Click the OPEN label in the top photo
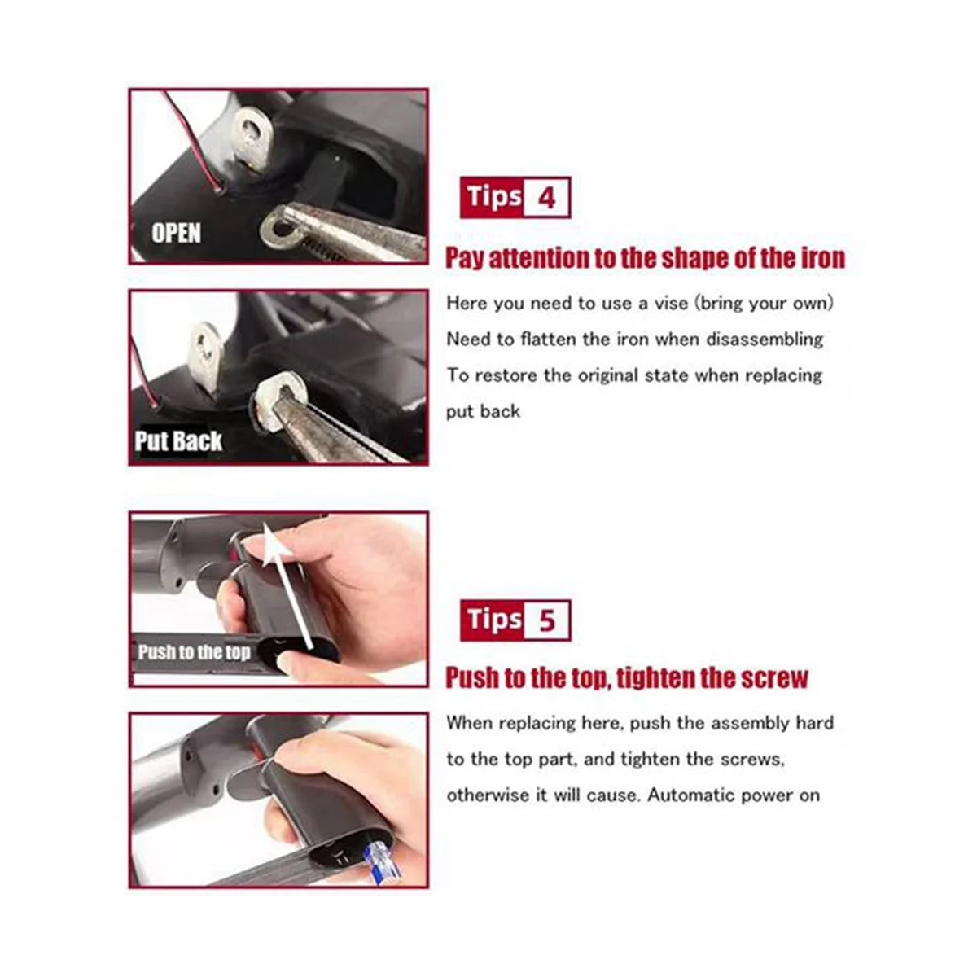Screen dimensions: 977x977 point(176,234)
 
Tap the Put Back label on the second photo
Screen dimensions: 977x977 point(178,441)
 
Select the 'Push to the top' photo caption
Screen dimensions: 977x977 point(194,652)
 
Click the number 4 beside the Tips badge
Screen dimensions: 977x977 point(545,198)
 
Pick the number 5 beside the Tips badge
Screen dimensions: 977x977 point(545,621)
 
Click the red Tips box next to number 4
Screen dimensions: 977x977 point(493,198)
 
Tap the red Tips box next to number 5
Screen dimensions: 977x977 point(493,621)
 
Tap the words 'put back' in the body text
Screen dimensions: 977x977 point(483,411)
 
